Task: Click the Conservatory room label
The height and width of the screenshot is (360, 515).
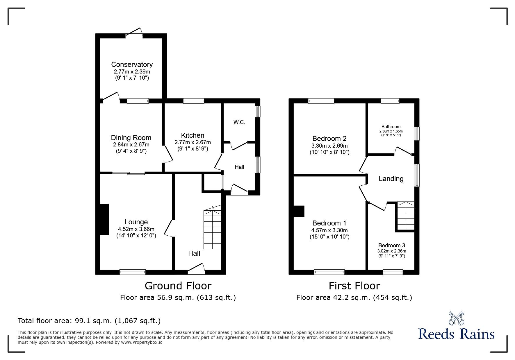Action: coord(132,64)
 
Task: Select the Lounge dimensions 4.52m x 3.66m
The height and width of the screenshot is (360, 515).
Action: coord(136,229)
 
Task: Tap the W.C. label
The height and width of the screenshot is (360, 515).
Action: coord(239,122)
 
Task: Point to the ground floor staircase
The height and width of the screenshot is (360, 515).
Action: coord(212,230)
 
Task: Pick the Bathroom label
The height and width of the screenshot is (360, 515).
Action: coord(391,127)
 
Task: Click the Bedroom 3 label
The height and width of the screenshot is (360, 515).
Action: coord(391,245)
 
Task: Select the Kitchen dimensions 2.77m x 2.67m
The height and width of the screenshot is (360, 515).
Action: coord(193,142)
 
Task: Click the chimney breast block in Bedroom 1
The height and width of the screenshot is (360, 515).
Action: coord(299,211)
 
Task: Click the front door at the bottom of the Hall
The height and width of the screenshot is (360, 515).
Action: coord(196,270)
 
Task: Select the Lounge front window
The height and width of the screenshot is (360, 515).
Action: coord(132,272)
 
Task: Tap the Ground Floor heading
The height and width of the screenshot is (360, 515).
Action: coord(178,286)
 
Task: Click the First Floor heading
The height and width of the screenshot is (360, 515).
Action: coord(354,286)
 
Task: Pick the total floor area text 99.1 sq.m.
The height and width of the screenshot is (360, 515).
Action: coord(89,321)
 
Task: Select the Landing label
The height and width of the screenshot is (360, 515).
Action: coord(391,179)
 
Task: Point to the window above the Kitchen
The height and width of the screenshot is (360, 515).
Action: coord(194,101)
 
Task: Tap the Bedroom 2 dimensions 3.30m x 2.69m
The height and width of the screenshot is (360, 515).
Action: coord(329,146)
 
